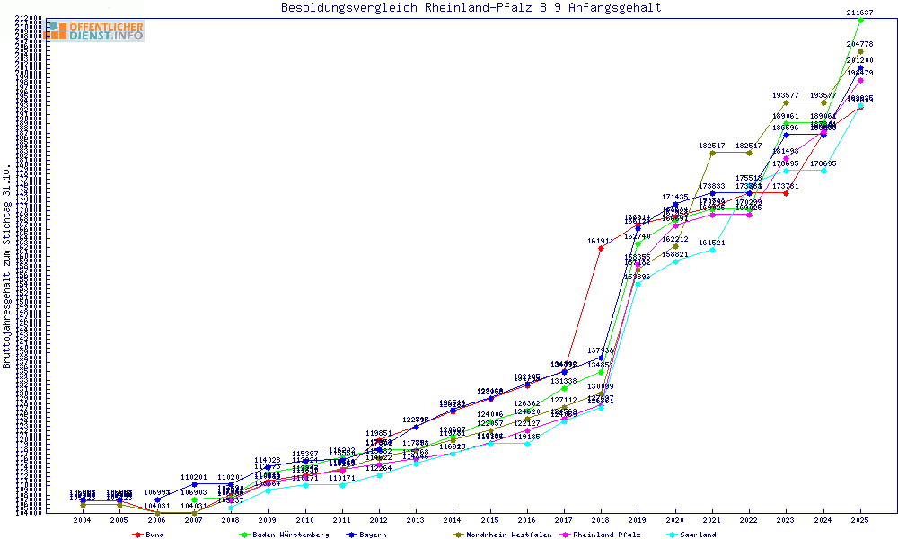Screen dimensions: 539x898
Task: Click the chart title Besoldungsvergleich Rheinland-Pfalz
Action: pos(471,8)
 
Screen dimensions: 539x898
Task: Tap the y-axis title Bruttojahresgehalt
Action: pos(8,266)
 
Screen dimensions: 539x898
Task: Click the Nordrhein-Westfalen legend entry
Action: pos(502,535)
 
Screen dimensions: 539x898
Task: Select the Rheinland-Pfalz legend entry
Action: pos(607,535)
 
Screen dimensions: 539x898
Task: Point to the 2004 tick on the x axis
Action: pos(83,520)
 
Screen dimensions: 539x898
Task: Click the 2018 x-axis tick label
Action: pos(601,520)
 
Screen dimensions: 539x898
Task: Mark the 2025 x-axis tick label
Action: pos(859,520)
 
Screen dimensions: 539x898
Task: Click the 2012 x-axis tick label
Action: pos(379,520)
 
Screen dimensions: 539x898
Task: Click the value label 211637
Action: pos(859,13)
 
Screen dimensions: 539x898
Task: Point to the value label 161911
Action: pos(601,241)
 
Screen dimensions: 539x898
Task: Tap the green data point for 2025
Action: pos(860,20)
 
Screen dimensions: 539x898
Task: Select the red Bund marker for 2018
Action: pos(601,248)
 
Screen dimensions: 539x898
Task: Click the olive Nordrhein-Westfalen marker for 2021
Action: pos(712,153)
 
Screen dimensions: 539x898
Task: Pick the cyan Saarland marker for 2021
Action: pos(712,250)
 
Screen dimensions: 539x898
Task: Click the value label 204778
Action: pos(859,44)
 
